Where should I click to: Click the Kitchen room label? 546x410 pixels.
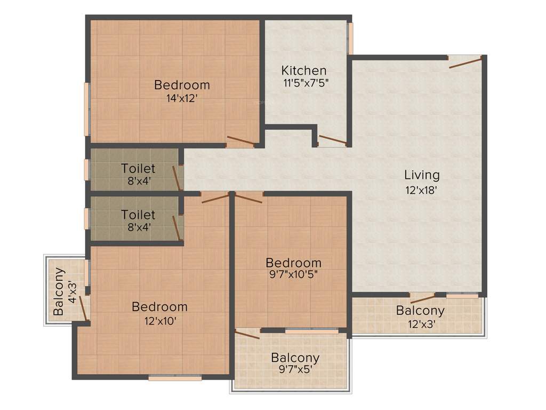click(304, 70)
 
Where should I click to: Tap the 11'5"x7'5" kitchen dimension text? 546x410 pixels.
click(304, 83)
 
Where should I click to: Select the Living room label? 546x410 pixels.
click(422, 175)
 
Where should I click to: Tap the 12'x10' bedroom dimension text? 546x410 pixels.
click(159, 320)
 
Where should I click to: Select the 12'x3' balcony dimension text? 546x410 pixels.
click(420, 323)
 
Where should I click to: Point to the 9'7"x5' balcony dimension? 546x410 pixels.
click(295, 370)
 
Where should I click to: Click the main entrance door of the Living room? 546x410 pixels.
click(465, 62)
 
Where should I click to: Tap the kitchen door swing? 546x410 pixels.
click(332, 140)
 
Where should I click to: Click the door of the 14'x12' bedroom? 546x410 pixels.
click(240, 141)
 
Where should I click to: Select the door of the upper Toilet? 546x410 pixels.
click(176, 178)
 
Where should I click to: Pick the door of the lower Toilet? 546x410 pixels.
click(176, 228)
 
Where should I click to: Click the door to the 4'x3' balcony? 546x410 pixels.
click(83, 308)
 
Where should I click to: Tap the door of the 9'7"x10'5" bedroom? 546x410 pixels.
click(248, 198)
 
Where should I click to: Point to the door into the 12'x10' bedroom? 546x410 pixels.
click(215, 198)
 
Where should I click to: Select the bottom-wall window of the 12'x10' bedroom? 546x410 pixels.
click(175, 378)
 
